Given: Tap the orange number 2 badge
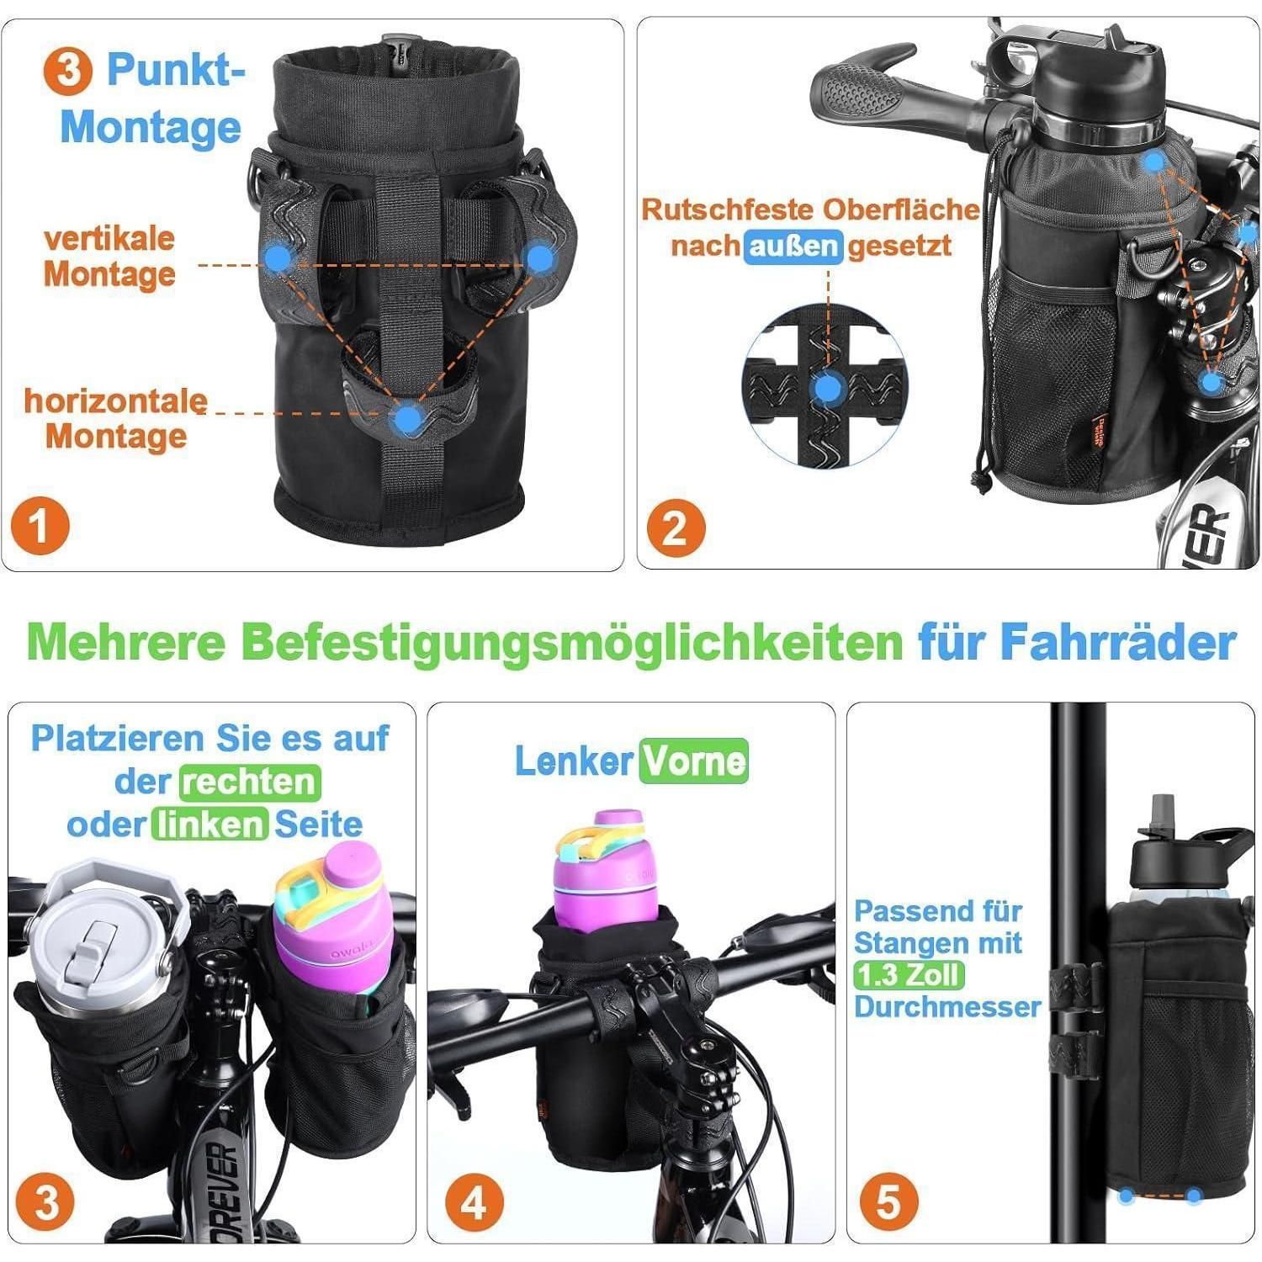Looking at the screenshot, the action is click(674, 528).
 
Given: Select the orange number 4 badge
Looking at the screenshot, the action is click(474, 1203).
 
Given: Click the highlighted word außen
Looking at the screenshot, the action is click(793, 246).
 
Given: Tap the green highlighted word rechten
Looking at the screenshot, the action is click(250, 782).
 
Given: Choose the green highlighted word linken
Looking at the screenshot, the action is click(209, 825).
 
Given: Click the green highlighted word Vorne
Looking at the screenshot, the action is click(693, 761).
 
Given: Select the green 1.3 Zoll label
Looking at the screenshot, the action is click(908, 974).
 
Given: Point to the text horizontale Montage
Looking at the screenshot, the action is click(115, 418).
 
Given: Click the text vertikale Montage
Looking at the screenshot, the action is click(109, 256).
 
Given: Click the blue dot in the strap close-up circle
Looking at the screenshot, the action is click(830, 390).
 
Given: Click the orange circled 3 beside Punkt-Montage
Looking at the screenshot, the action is click(68, 70).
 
